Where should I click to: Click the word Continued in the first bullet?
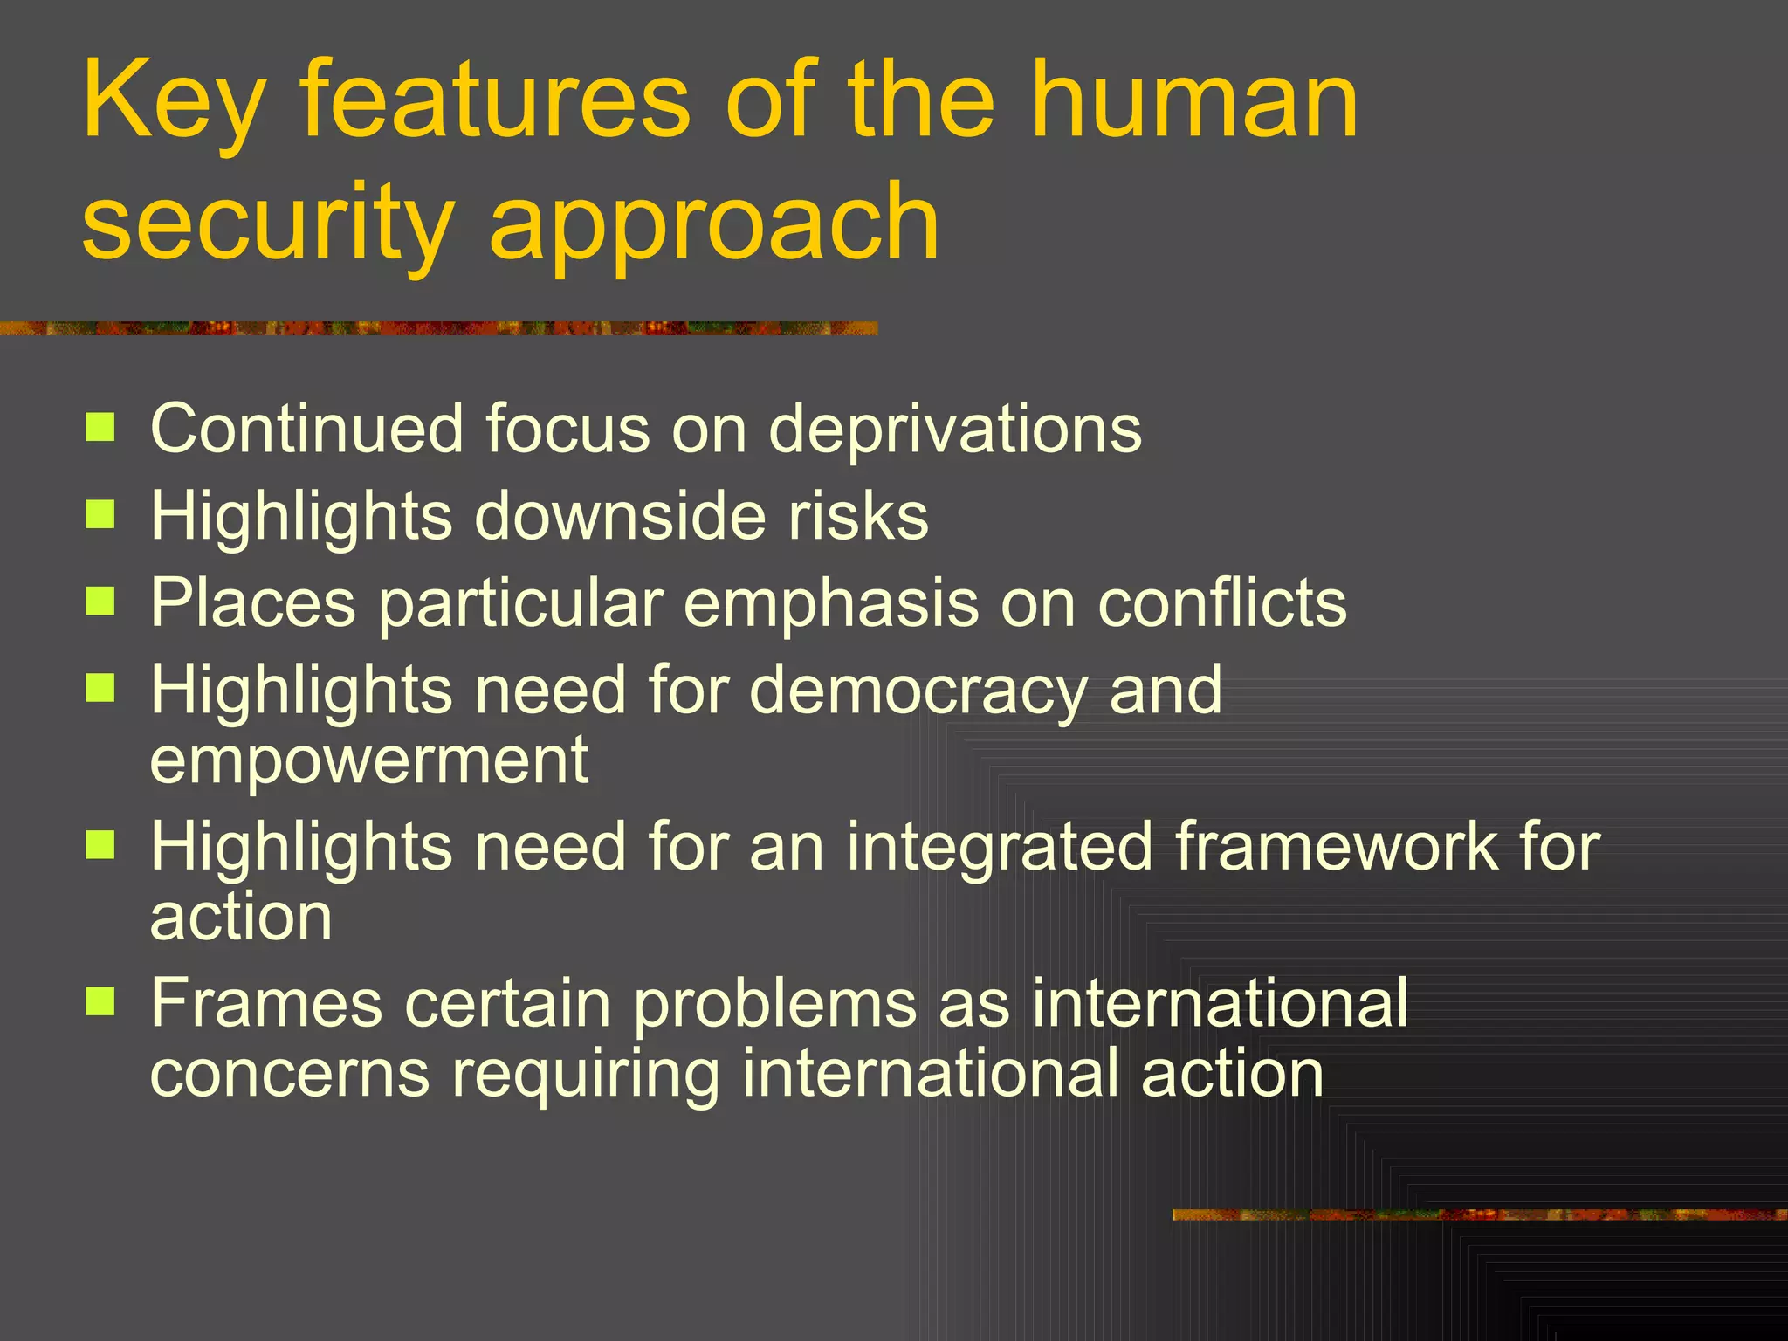(306, 429)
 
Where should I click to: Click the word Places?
(253, 602)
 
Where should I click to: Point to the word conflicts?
(1222, 602)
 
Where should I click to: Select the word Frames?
(266, 1003)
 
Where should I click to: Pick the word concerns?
(290, 1073)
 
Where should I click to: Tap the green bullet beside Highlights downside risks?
(100, 515)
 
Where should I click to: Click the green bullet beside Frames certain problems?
(100, 1002)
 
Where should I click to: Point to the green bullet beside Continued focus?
(100, 428)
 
